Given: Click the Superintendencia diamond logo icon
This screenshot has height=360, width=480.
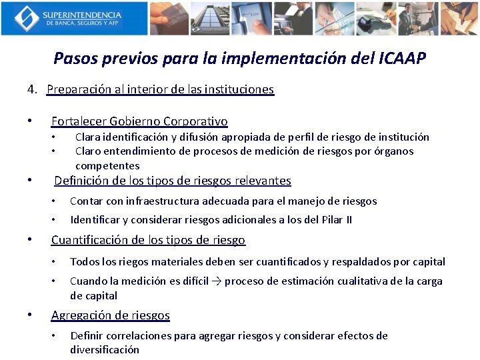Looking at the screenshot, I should pos(26,18).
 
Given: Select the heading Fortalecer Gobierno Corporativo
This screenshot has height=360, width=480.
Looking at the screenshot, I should pos(139,121).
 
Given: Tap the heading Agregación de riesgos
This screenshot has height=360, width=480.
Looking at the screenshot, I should pos(111,315).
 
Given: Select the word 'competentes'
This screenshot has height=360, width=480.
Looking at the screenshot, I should pos(107,165).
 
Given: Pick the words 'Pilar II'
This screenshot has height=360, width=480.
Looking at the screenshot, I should pos(336,220).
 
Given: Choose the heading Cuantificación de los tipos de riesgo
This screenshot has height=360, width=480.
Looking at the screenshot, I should pos(148,240).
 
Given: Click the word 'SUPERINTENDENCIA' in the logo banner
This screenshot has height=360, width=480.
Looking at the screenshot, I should pos(82,14).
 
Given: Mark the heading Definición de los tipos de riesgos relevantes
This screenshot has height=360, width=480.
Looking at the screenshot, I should pos(173,181).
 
